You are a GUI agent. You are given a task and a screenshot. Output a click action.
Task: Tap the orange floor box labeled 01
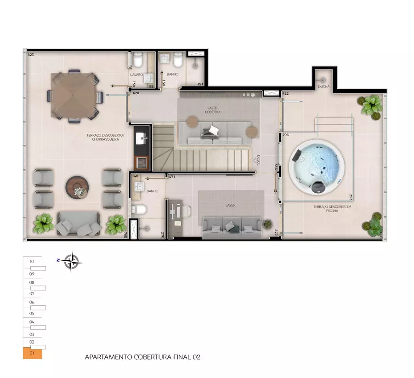[x=32, y=354]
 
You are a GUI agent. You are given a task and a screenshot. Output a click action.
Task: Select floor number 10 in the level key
[x=32, y=261]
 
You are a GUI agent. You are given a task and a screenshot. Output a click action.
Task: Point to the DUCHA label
[x=323, y=86]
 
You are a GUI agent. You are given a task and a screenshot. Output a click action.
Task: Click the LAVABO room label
[x=136, y=74]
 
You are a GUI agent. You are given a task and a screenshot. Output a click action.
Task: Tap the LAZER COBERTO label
[x=213, y=110]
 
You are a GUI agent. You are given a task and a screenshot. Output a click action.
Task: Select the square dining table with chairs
[x=74, y=96]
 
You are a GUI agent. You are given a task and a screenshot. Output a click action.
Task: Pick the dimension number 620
[x=136, y=93]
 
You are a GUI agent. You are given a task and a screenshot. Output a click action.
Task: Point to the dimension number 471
[x=172, y=177]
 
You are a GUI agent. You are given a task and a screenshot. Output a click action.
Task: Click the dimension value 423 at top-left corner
[x=30, y=55]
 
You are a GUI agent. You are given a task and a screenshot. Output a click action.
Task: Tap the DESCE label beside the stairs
[x=259, y=160]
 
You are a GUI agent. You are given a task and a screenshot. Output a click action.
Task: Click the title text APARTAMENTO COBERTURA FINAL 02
[x=142, y=357]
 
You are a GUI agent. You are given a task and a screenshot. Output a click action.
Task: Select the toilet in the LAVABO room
[x=138, y=61]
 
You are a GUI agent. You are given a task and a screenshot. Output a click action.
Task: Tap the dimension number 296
[x=285, y=135]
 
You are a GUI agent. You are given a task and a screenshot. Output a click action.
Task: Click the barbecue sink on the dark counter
[x=141, y=137]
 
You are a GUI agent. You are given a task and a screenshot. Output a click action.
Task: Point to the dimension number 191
[x=200, y=84]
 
